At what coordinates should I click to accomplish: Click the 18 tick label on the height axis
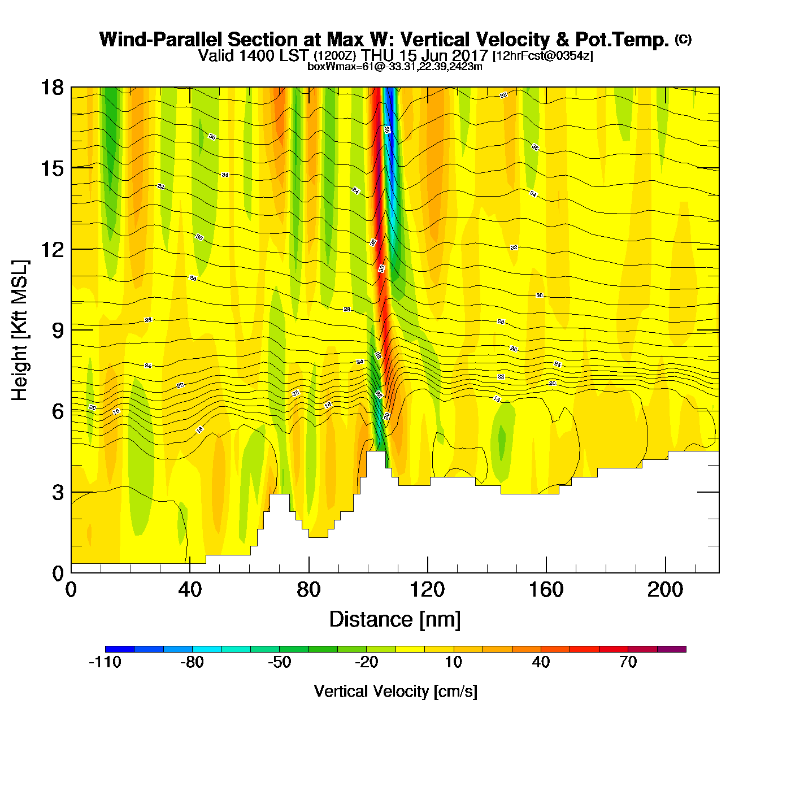click(x=51, y=88)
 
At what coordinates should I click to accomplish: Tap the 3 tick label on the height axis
click(x=58, y=493)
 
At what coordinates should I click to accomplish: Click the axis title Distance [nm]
click(x=395, y=620)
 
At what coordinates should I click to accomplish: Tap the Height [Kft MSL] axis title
click(x=20, y=331)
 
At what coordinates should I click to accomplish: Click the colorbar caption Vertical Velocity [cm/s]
click(x=395, y=691)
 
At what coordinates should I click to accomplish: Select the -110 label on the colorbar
click(x=105, y=662)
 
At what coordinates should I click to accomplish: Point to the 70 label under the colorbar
click(x=628, y=662)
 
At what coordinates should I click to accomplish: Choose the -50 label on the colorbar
click(x=279, y=662)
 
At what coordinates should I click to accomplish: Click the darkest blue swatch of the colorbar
click(x=120, y=649)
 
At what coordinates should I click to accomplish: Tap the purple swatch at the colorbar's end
click(x=671, y=649)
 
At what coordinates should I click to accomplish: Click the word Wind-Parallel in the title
click(x=160, y=40)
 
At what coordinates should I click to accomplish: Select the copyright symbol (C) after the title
click(x=683, y=39)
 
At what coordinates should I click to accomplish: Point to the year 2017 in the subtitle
click(x=470, y=56)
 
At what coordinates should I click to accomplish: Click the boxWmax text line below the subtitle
click(x=395, y=67)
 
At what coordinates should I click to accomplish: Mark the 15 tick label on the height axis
click(x=51, y=168)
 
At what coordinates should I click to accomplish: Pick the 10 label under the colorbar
click(x=454, y=662)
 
